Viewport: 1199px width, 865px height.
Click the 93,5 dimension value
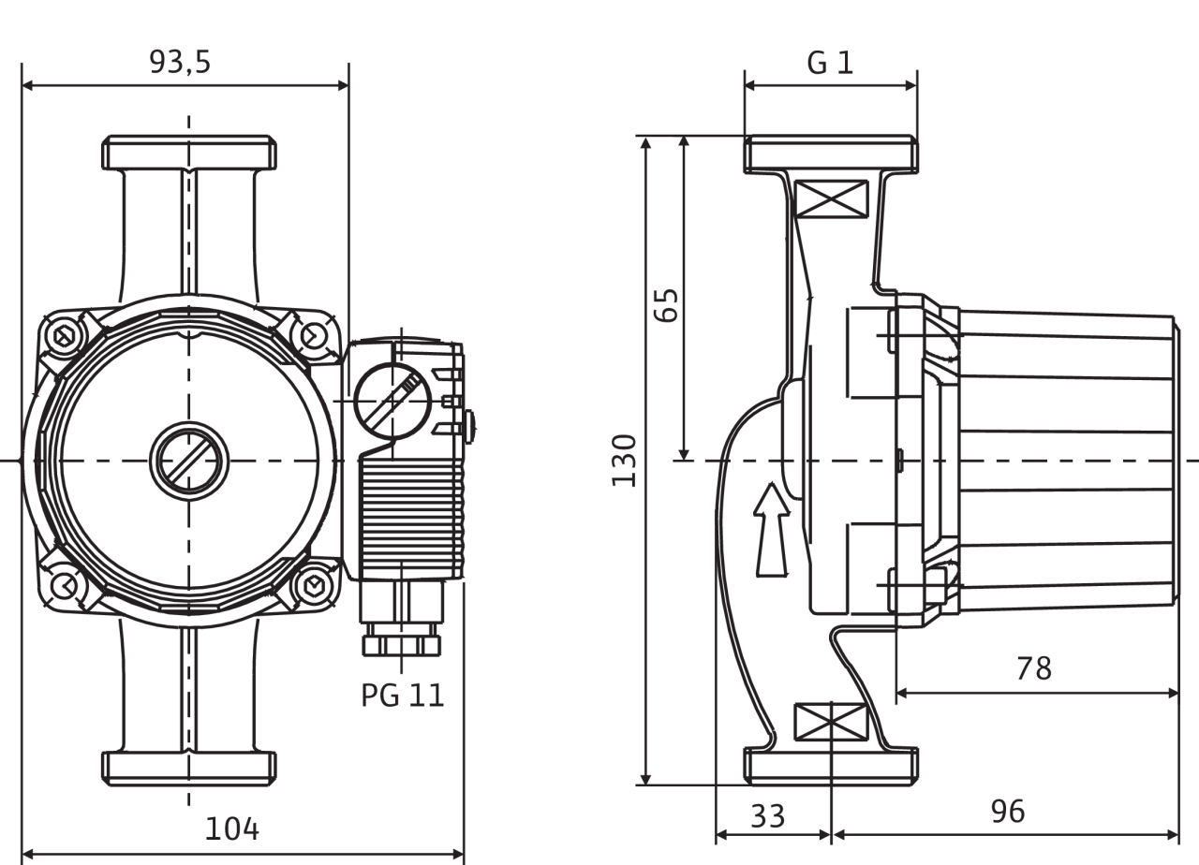coord(181,62)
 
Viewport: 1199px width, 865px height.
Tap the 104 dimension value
coord(232,828)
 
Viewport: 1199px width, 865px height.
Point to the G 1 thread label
coord(830,63)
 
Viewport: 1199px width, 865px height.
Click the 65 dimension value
coord(666,303)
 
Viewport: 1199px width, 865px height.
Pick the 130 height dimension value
coord(625,460)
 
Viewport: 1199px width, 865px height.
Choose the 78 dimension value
coord(1034,668)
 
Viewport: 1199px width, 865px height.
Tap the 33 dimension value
coord(768,814)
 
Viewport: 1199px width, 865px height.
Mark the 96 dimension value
coord(1008,811)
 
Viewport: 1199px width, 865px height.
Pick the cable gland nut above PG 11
coord(403,645)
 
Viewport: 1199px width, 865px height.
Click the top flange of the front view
coord(189,153)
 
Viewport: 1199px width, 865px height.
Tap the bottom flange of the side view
coord(830,764)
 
